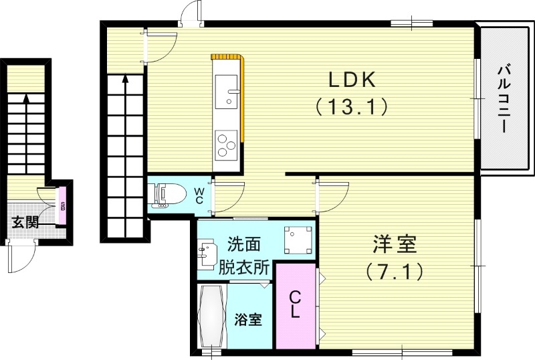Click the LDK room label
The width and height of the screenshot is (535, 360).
coord(352,79)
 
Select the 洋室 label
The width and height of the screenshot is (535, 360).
coord(395,245)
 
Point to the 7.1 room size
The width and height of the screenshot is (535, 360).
coord(395,271)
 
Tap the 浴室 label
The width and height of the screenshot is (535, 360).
coord(248,320)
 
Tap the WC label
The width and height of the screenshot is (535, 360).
coord(200,194)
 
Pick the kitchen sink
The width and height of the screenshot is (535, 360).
coord(228,90)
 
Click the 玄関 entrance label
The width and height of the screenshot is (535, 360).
coord(25,221)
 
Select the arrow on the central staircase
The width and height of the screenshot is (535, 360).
coord(125,82)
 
